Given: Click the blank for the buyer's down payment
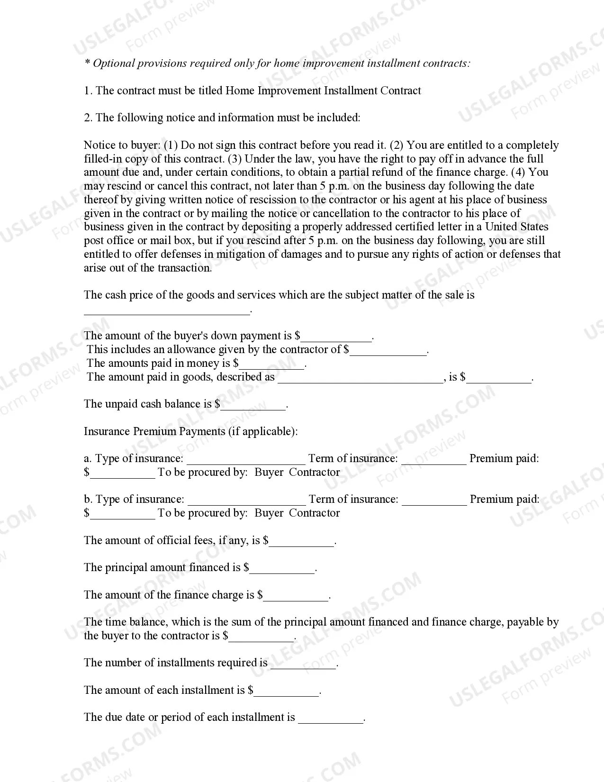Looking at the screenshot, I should click(337, 337).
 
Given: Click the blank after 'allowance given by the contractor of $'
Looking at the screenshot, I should click(388, 351).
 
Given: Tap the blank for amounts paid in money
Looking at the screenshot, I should click(272, 365).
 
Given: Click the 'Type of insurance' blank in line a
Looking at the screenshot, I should click(246, 460).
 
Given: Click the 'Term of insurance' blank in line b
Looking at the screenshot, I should click(434, 500).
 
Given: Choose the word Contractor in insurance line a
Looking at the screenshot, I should click(314, 473).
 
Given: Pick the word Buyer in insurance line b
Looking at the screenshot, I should click(269, 513).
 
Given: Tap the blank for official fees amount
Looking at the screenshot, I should click(302, 542).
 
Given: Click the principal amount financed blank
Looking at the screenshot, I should click(282, 569).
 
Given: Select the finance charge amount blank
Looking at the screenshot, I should click(296, 596).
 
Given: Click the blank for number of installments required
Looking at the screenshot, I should click(303, 664).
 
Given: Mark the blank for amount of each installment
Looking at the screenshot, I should click(287, 691).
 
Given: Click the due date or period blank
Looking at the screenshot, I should click(331, 719).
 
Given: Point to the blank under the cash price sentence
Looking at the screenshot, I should click(166, 310).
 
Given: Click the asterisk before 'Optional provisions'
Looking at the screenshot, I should click(87, 63).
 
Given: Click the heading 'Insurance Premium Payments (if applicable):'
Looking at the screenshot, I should click(190, 431).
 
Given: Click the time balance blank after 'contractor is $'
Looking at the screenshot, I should click(261, 637).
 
